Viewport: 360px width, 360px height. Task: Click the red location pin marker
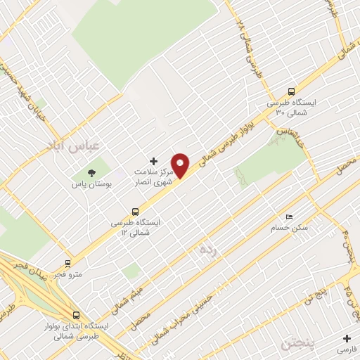tap(181, 165)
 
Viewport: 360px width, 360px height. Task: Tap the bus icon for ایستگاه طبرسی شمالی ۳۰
tap(292, 91)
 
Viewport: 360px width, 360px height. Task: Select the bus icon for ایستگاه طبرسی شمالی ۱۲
tap(136, 211)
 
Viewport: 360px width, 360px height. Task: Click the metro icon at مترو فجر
tap(67, 264)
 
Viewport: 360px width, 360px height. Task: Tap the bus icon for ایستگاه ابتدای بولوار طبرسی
tap(76, 316)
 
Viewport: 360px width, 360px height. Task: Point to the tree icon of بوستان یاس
tap(91, 173)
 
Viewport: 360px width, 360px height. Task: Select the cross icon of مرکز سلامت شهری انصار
tap(154, 161)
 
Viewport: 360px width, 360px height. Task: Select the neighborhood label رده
tap(206, 249)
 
